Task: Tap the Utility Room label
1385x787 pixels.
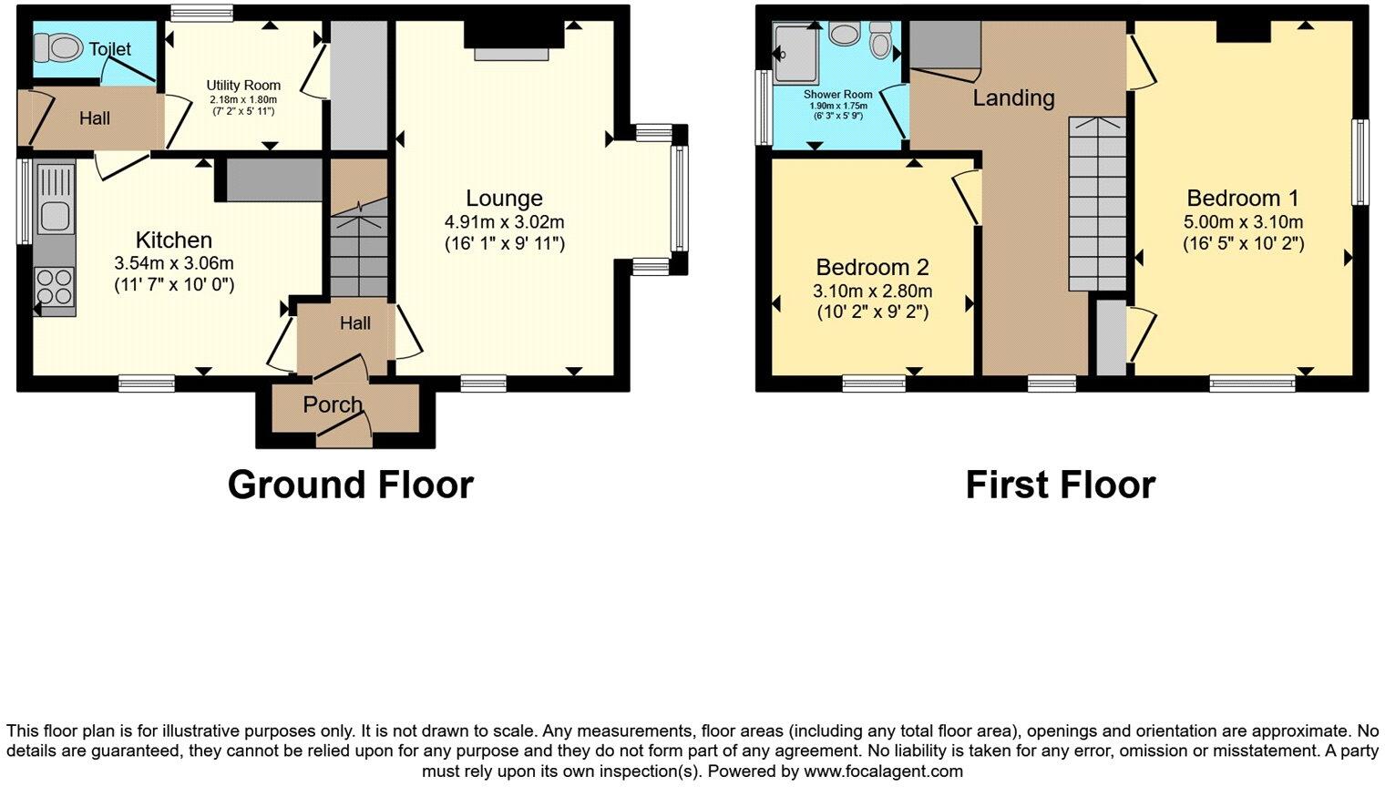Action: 242,86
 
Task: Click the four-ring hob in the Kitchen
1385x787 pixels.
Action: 55,287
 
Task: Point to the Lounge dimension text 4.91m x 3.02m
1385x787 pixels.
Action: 504,221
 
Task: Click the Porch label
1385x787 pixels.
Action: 333,404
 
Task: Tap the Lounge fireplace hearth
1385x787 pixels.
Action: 510,55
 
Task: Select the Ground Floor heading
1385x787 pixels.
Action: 350,485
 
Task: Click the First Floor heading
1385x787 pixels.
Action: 1060,485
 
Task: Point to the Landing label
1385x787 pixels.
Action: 1013,97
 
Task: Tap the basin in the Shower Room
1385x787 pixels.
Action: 845,34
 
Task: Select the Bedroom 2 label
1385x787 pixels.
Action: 872,267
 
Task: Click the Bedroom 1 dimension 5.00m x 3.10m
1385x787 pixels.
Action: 1243,221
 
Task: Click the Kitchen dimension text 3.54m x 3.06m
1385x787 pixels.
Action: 173,263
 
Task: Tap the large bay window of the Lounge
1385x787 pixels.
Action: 679,199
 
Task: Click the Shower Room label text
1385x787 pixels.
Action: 837,94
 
